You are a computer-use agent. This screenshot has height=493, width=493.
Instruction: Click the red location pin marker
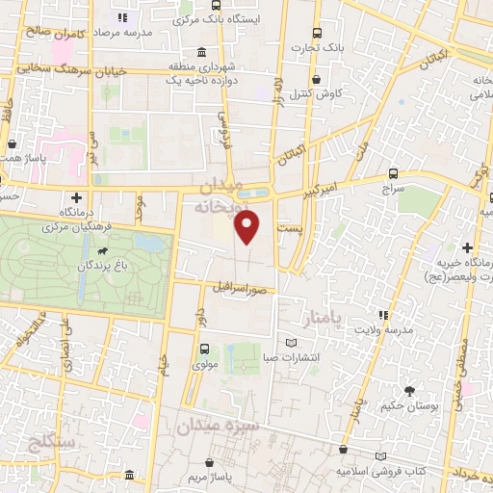pos(248,227)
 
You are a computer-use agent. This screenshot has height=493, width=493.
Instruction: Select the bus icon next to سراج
pos(394,173)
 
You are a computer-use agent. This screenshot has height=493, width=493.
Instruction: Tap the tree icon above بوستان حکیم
pos(409,391)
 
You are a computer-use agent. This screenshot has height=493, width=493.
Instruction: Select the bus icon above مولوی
pos(203,350)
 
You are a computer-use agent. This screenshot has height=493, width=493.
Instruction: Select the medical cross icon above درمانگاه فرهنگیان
pos(77,196)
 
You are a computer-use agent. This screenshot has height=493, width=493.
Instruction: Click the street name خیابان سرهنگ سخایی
pos(53,69)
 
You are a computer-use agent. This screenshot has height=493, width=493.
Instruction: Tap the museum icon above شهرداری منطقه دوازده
pos(200,52)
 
